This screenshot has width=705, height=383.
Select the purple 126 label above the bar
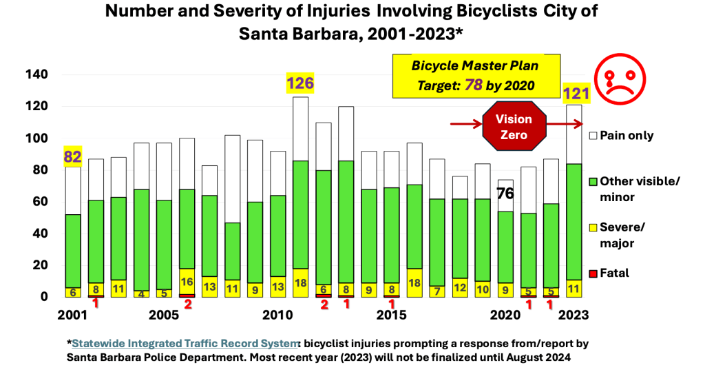(300, 84)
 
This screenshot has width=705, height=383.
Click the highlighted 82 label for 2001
(73, 156)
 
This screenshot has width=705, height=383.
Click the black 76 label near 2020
(506, 193)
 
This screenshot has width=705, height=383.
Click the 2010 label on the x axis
(278, 315)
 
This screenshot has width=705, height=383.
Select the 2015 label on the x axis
(392, 315)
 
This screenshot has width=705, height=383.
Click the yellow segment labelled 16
(187, 281)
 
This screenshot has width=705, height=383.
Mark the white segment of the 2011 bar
(300, 129)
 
